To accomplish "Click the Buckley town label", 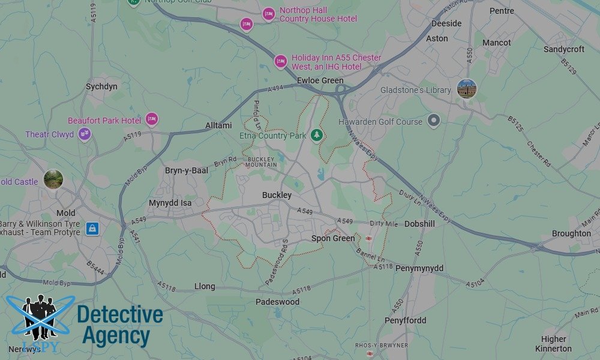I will click(x=277, y=195).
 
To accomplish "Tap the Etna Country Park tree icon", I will click(x=317, y=136).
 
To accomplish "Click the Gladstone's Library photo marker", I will click(x=466, y=89).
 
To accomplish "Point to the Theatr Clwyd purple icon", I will click(x=85, y=134).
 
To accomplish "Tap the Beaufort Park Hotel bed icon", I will click(x=152, y=120).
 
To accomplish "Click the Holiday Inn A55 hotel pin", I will click(x=280, y=61).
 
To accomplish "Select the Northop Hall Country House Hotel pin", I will click(x=268, y=14).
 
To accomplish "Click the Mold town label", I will click(x=66, y=213).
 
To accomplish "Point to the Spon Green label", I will click(x=333, y=238).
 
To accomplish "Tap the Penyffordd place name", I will click(x=406, y=320).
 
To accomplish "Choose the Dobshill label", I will click(x=419, y=224).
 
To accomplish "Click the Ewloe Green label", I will click(x=320, y=80).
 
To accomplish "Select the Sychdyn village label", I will click(x=101, y=86).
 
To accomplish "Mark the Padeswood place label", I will click(x=277, y=302).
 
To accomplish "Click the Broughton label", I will click(x=571, y=233).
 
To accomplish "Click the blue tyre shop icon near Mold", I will click(x=92, y=229).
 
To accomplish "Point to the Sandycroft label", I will click(x=564, y=49).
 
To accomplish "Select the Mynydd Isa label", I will click(x=170, y=203).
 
